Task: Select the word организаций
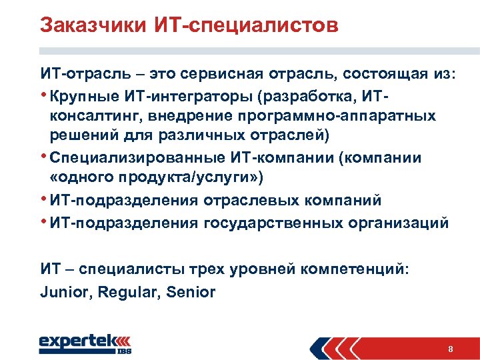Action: [398, 223]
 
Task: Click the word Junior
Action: [65, 291]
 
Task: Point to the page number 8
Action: [451, 349]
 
